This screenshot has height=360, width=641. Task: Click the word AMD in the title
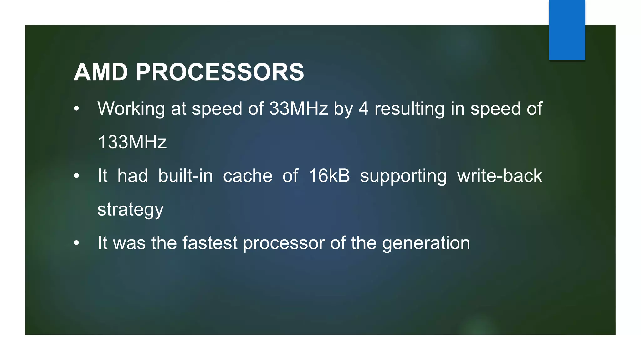point(101,72)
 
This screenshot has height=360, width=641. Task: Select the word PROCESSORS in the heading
point(220,72)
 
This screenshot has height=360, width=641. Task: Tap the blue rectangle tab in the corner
point(567,30)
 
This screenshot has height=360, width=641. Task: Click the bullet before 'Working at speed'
point(77,109)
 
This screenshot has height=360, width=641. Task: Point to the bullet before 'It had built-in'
point(77,176)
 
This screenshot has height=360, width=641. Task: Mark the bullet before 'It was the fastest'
point(77,243)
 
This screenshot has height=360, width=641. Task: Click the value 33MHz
point(299,108)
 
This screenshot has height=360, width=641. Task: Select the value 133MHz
point(132,142)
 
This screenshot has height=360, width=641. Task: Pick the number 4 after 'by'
point(363,108)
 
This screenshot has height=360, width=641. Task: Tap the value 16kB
point(329,176)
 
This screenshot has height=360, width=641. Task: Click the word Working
point(131,109)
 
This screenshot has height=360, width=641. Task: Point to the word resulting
point(409,109)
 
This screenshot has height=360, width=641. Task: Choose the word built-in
point(185,176)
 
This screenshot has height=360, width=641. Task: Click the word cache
point(248,176)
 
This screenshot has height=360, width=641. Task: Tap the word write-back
point(500,176)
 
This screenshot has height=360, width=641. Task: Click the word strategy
point(131,210)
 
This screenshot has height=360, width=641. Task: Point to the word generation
point(426,243)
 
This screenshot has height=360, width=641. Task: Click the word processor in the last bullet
point(284,243)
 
